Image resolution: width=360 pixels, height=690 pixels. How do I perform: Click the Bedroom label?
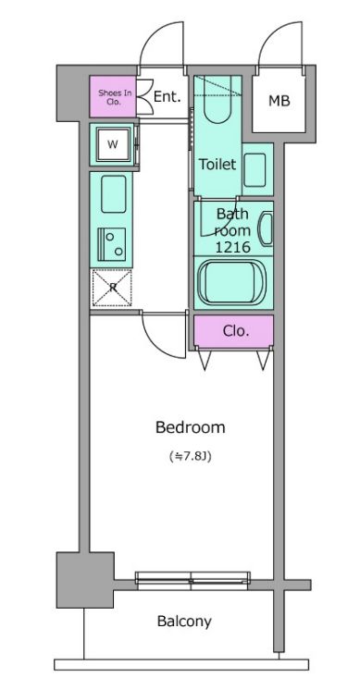pos(190,427)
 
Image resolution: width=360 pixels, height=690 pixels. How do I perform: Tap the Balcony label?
pos(184,622)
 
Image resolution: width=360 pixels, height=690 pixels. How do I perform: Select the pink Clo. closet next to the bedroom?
pos(234,331)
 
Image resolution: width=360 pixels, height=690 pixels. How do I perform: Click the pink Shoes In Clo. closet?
pos(113,96)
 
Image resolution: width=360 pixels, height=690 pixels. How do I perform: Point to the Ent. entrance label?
pos(168,97)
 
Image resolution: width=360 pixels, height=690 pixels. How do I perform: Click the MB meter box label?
pos(279,101)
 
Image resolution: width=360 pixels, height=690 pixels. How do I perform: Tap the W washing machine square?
pos(114,144)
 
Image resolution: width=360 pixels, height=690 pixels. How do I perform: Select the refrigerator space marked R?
pos(112,288)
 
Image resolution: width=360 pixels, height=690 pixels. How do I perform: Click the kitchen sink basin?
pos(114,194)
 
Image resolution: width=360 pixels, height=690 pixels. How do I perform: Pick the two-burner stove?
pos(112,245)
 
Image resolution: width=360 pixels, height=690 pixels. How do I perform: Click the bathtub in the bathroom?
pos(232,281)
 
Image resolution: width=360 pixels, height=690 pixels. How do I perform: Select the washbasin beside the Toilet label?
pos(254,170)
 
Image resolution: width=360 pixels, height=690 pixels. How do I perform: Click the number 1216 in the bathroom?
pos(232,247)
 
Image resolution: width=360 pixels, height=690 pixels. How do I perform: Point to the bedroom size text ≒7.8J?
pos(191,456)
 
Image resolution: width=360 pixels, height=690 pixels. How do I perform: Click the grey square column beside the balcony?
pos(85,580)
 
